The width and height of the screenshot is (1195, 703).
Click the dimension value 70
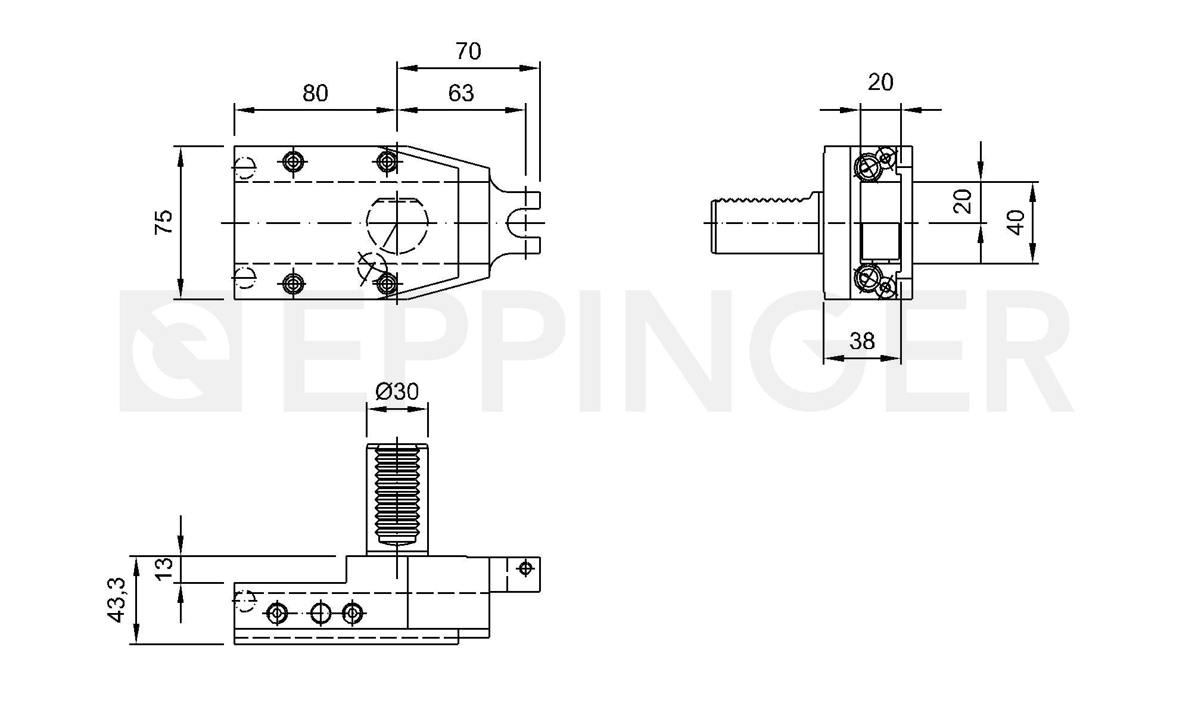(x=468, y=52)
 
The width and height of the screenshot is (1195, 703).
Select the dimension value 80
(x=315, y=94)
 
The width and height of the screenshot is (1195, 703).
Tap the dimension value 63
(x=460, y=94)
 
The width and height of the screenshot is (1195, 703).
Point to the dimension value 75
(x=164, y=222)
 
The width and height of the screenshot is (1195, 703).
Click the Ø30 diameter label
(x=397, y=391)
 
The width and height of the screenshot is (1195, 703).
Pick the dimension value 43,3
(x=117, y=600)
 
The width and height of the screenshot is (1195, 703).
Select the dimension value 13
(x=165, y=569)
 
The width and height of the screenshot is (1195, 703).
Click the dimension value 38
(x=861, y=341)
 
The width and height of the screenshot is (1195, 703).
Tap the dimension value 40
(x=1016, y=222)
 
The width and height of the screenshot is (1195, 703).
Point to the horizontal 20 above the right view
(x=880, y=82)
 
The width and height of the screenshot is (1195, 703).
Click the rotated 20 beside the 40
(x=963, y=201)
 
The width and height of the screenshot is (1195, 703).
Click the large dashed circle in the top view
(x=397, y=223)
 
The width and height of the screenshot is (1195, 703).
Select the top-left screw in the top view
(x=292, y=161)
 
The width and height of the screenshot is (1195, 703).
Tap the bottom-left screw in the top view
(x=292, y=283)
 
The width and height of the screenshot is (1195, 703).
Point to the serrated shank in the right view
(x=765, y=223)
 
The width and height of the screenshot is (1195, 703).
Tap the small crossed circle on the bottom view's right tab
(x=525, y=568)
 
